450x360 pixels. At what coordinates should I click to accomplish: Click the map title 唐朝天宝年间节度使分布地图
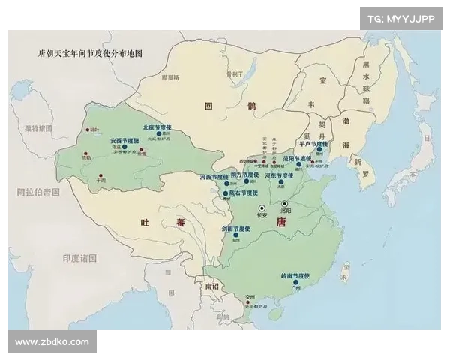point(90,54)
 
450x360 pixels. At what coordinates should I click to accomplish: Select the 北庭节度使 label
point(157,127)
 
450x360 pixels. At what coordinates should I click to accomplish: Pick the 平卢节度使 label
point(313,143)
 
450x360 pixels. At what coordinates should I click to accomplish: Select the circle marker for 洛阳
point(285,203)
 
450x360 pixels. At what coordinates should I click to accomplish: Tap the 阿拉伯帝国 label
point(39,192)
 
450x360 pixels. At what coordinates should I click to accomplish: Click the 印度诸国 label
point(81,258)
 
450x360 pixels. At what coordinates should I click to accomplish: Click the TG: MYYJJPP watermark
point(401,18)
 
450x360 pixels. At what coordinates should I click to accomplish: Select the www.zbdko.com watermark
point(52,342)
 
